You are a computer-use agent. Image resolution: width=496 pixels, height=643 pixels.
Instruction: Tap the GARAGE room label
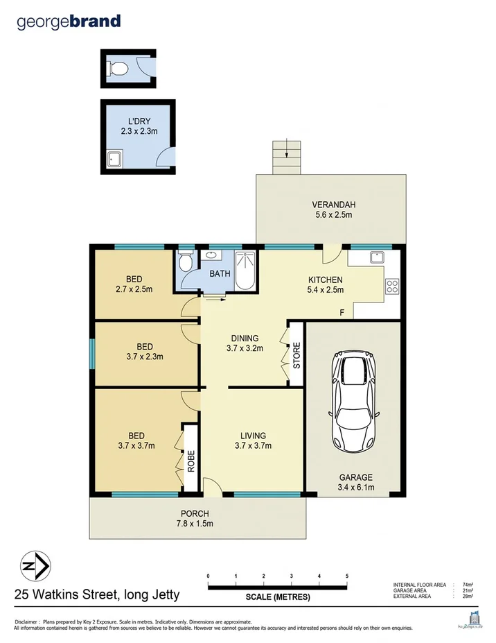point(355,477)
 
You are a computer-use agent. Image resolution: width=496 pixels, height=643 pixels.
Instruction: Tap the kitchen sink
point(376,257)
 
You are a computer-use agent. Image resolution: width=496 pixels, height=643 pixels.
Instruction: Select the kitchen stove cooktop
point(393,285)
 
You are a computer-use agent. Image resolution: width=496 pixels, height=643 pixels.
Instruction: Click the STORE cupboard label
point(296,355)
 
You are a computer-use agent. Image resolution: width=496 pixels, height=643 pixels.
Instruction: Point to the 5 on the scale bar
point(346,576)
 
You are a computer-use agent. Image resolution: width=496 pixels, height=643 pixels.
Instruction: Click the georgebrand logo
point(69,22)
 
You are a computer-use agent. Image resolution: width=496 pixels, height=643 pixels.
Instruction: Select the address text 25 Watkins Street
point(97,594)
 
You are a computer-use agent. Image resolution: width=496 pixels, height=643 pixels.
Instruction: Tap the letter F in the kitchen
point(342,311)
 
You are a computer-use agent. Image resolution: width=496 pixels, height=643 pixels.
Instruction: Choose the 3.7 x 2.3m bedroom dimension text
point(144,357)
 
